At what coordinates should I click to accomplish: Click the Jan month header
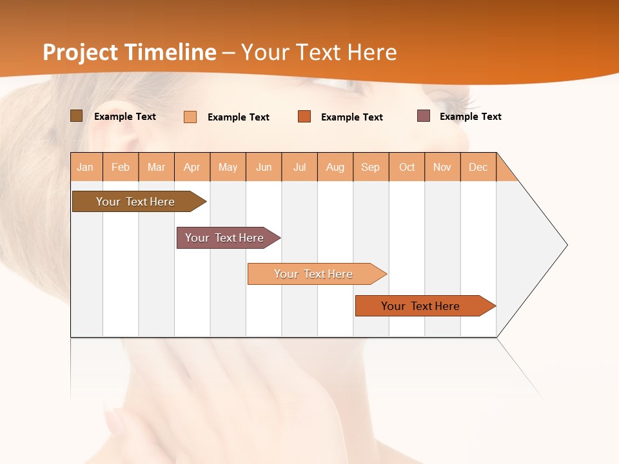[85, 167]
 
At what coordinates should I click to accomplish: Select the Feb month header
[121, 167]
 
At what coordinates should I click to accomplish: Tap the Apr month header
[192, 167]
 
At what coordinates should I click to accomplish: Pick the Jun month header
[264, 167]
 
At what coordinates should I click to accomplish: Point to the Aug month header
[335, 167]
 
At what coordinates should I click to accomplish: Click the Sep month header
[370, 167]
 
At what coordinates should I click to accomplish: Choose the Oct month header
[407, 167]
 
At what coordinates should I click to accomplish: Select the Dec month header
[478, 167]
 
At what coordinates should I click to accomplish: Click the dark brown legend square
[76, 116]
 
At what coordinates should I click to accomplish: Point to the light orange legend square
[190, 117]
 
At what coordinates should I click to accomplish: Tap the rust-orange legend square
[304, 117]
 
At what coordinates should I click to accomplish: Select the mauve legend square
[424, 116]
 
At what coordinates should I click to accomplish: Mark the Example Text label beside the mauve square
[470, 117]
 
